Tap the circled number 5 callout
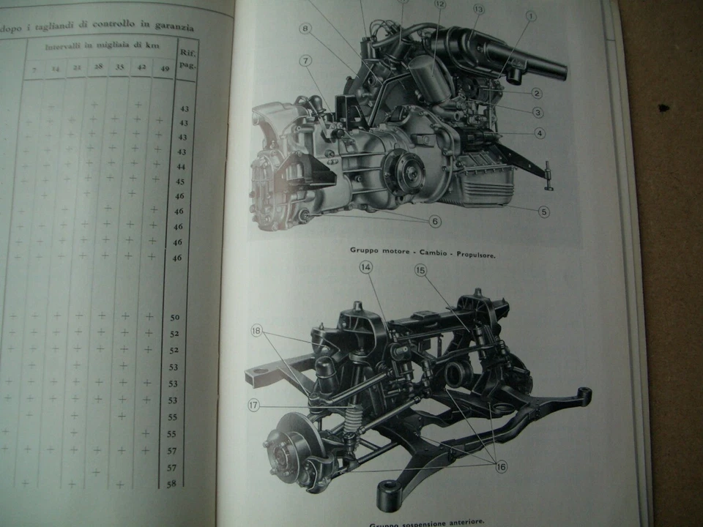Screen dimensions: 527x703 pos(543,212)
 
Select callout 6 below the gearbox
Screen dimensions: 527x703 pos(435,221)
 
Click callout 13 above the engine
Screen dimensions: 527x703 pos(479,10)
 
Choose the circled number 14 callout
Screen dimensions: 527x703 pos(366,268)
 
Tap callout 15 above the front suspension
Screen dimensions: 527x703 pos(420,270)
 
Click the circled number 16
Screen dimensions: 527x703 pos(501,466)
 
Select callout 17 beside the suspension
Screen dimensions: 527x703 pos(253,405)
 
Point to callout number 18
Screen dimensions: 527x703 pos(256,330)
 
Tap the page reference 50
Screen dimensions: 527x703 pos(174,317)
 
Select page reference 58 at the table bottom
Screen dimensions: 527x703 pos(172,483)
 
